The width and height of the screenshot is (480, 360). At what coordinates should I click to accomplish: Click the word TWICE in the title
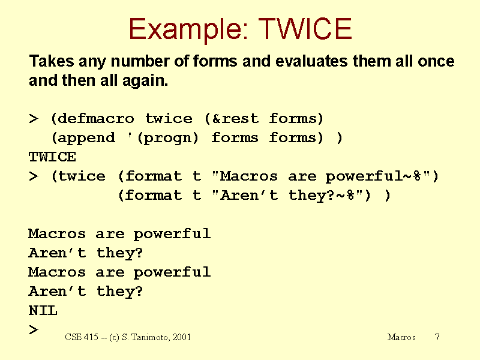tap(305, 28)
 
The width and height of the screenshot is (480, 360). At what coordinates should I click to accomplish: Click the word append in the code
tap(86, 139)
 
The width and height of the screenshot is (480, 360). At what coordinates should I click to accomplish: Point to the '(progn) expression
tap(163, 138)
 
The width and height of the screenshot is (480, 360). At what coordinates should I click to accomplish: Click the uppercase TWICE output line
tap(52, 157)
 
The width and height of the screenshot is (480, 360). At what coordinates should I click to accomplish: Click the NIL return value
tap(43, 310)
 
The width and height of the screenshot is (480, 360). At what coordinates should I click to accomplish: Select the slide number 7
tap(437, 337)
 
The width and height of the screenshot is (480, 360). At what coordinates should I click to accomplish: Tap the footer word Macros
tap(401, 337)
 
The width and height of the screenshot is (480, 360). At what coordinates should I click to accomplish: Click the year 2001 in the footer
tap(182, 337)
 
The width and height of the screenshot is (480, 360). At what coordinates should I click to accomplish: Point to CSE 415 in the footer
tap(82, 337)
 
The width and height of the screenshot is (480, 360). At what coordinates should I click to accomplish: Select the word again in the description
tap(145, 81)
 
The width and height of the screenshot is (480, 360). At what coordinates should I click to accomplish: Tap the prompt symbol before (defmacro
tap(34, 118)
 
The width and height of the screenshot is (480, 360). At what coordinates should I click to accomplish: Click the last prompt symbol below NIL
tap(34, 329)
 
